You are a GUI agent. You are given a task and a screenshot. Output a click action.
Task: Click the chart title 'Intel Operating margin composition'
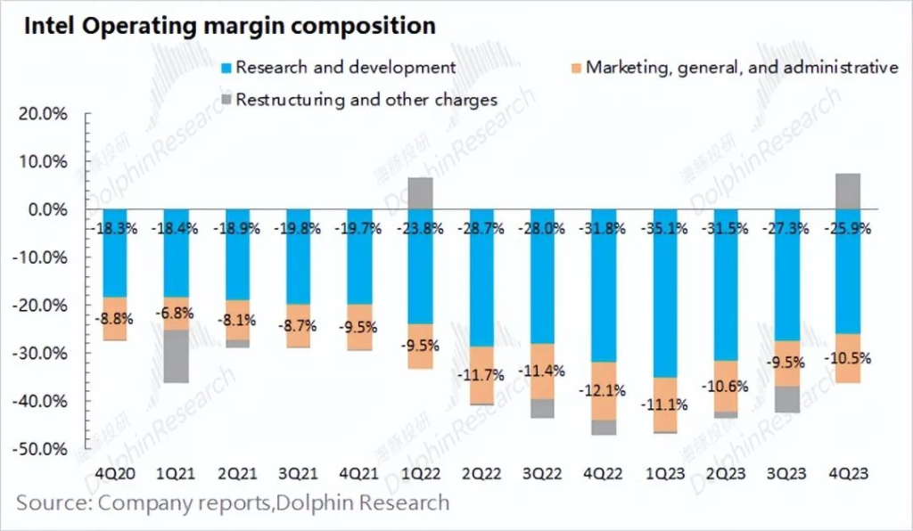pyautogui.click(x=229, y=26)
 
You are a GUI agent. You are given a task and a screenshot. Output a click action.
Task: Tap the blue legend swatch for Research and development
pyautogui.click(x=225, y=68)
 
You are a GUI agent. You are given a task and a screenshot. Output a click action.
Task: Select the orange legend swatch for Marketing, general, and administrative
pyautogui.click(x=575, y=68)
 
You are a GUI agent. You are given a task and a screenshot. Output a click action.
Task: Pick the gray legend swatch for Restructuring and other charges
pyautogui.click(x=225, y=100)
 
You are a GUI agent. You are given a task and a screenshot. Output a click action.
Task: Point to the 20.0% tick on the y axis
pyautogui.click(x=43, y=114)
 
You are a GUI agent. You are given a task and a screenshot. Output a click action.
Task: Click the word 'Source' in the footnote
pyautogui.click(x=51, y=502)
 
